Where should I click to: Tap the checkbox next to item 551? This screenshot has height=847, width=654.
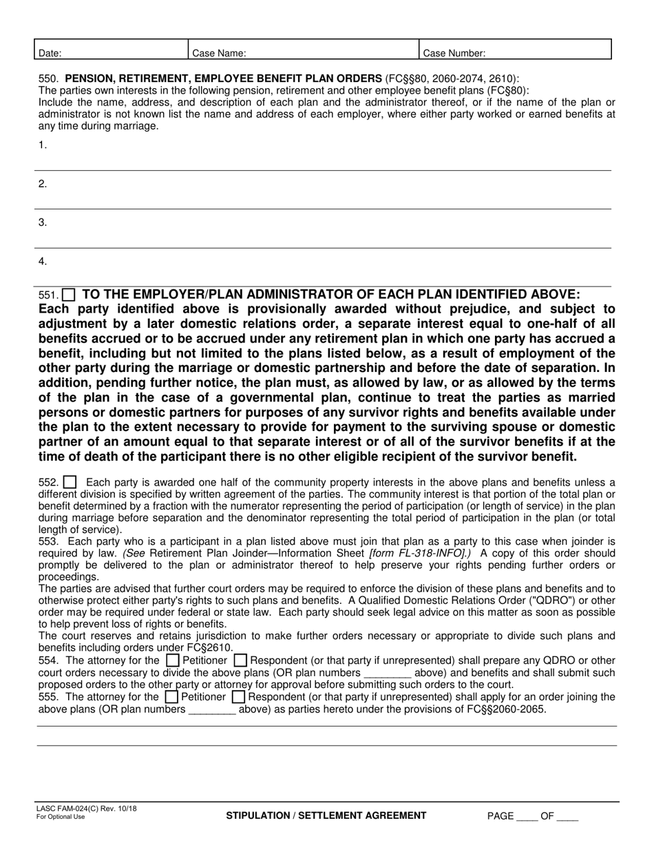pyautogui.click(x=70, y=294)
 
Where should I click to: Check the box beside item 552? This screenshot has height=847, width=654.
pyautogui.click(x=70, y=483)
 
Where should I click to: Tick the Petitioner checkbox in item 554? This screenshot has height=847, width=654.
pyautogui.click(x=171, y=660)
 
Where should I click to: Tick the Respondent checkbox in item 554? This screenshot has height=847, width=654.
pyautogui.click(x=240, y=660)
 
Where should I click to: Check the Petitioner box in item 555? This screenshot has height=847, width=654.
pyautogui.click(x=171, y=698)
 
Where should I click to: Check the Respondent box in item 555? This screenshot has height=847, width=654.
pyautogui.click(x=239, y=698)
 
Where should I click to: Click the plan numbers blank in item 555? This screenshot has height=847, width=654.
pyautogui.click(x=212, y=710)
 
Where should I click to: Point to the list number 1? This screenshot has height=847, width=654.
pyautogui.click(x=43, y=145)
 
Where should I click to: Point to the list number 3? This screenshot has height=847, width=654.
pyautogui.click(x=43, y=222)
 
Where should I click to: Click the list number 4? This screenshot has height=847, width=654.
pyautogui.click(x=43, y=261)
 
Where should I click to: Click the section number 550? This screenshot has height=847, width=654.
pyautogui.click(x=48, y=79)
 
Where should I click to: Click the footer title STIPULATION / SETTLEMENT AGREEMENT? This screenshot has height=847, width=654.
pyautogui.click(x=326, y=816)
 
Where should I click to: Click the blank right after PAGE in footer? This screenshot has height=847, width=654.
pyautogui.click(x=527, y=817)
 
